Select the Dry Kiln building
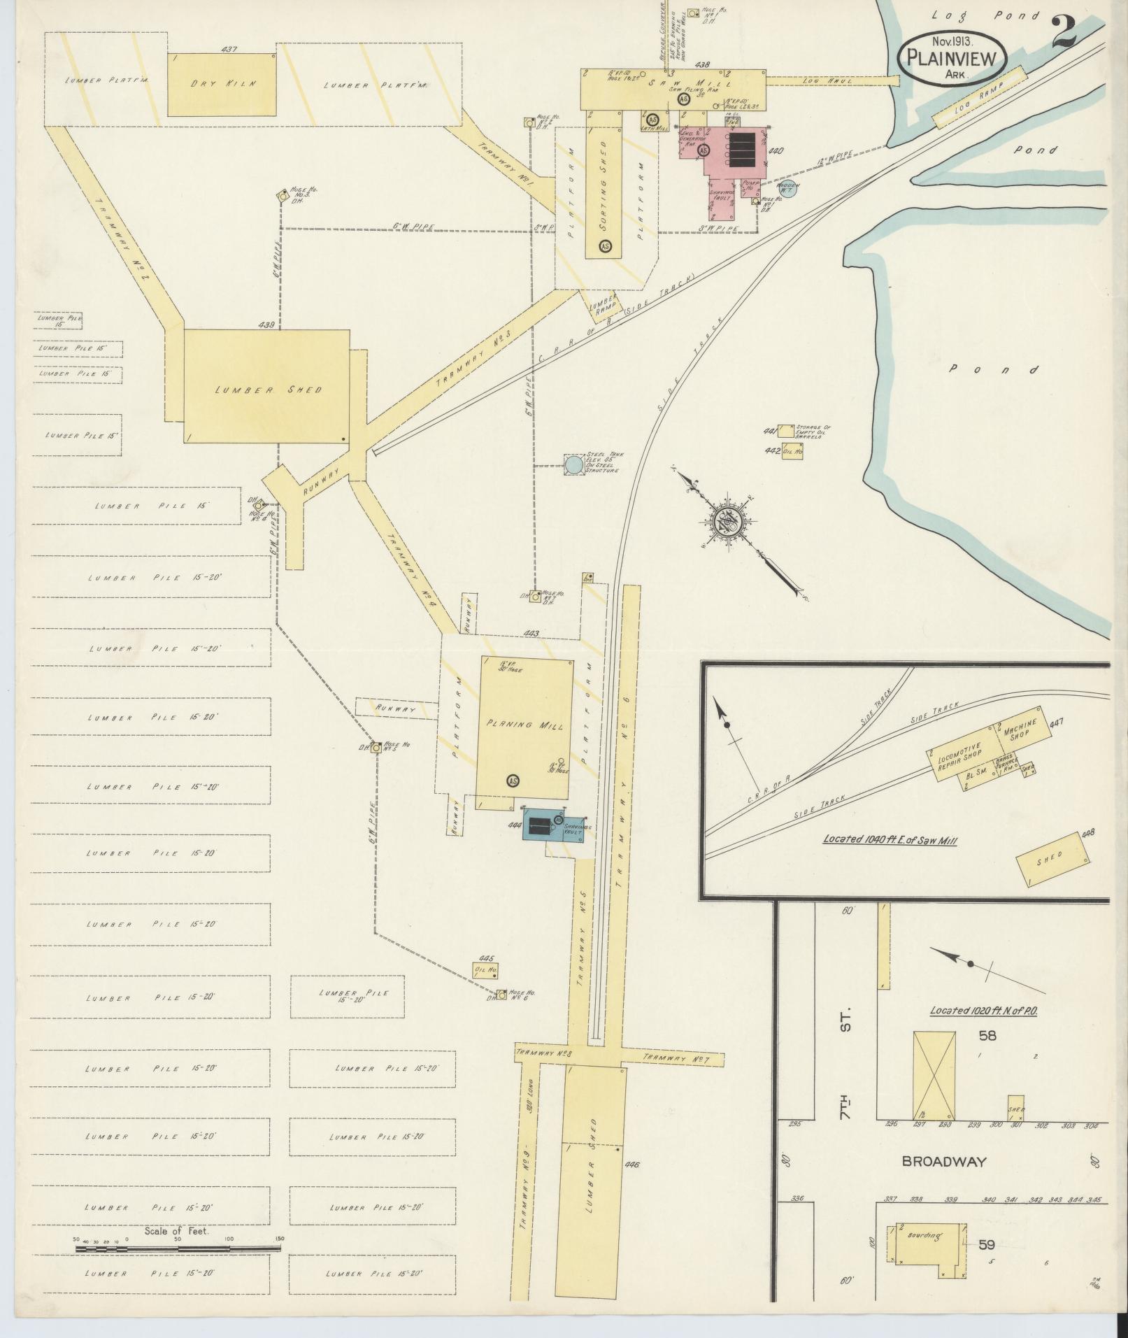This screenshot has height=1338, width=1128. tap(222, 84)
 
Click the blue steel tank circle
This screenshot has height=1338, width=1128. tap(573, 464)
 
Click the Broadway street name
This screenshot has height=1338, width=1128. tap(943, 1162)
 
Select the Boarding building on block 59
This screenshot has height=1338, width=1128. tap(924, 1236)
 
